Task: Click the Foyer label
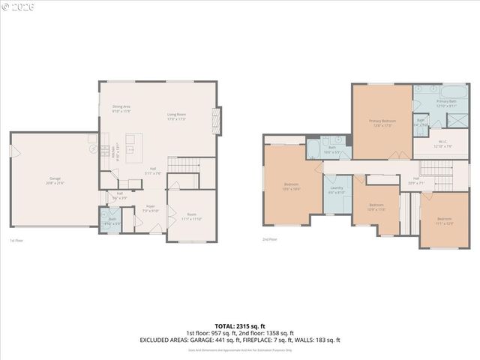pos(150,205)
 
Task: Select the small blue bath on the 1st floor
pos(112,220)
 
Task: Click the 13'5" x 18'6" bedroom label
pos(292,186)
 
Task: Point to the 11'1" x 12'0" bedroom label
pos(445,220)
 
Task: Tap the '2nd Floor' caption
pos(269,239)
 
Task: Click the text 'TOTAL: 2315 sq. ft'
pos(239,325)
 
